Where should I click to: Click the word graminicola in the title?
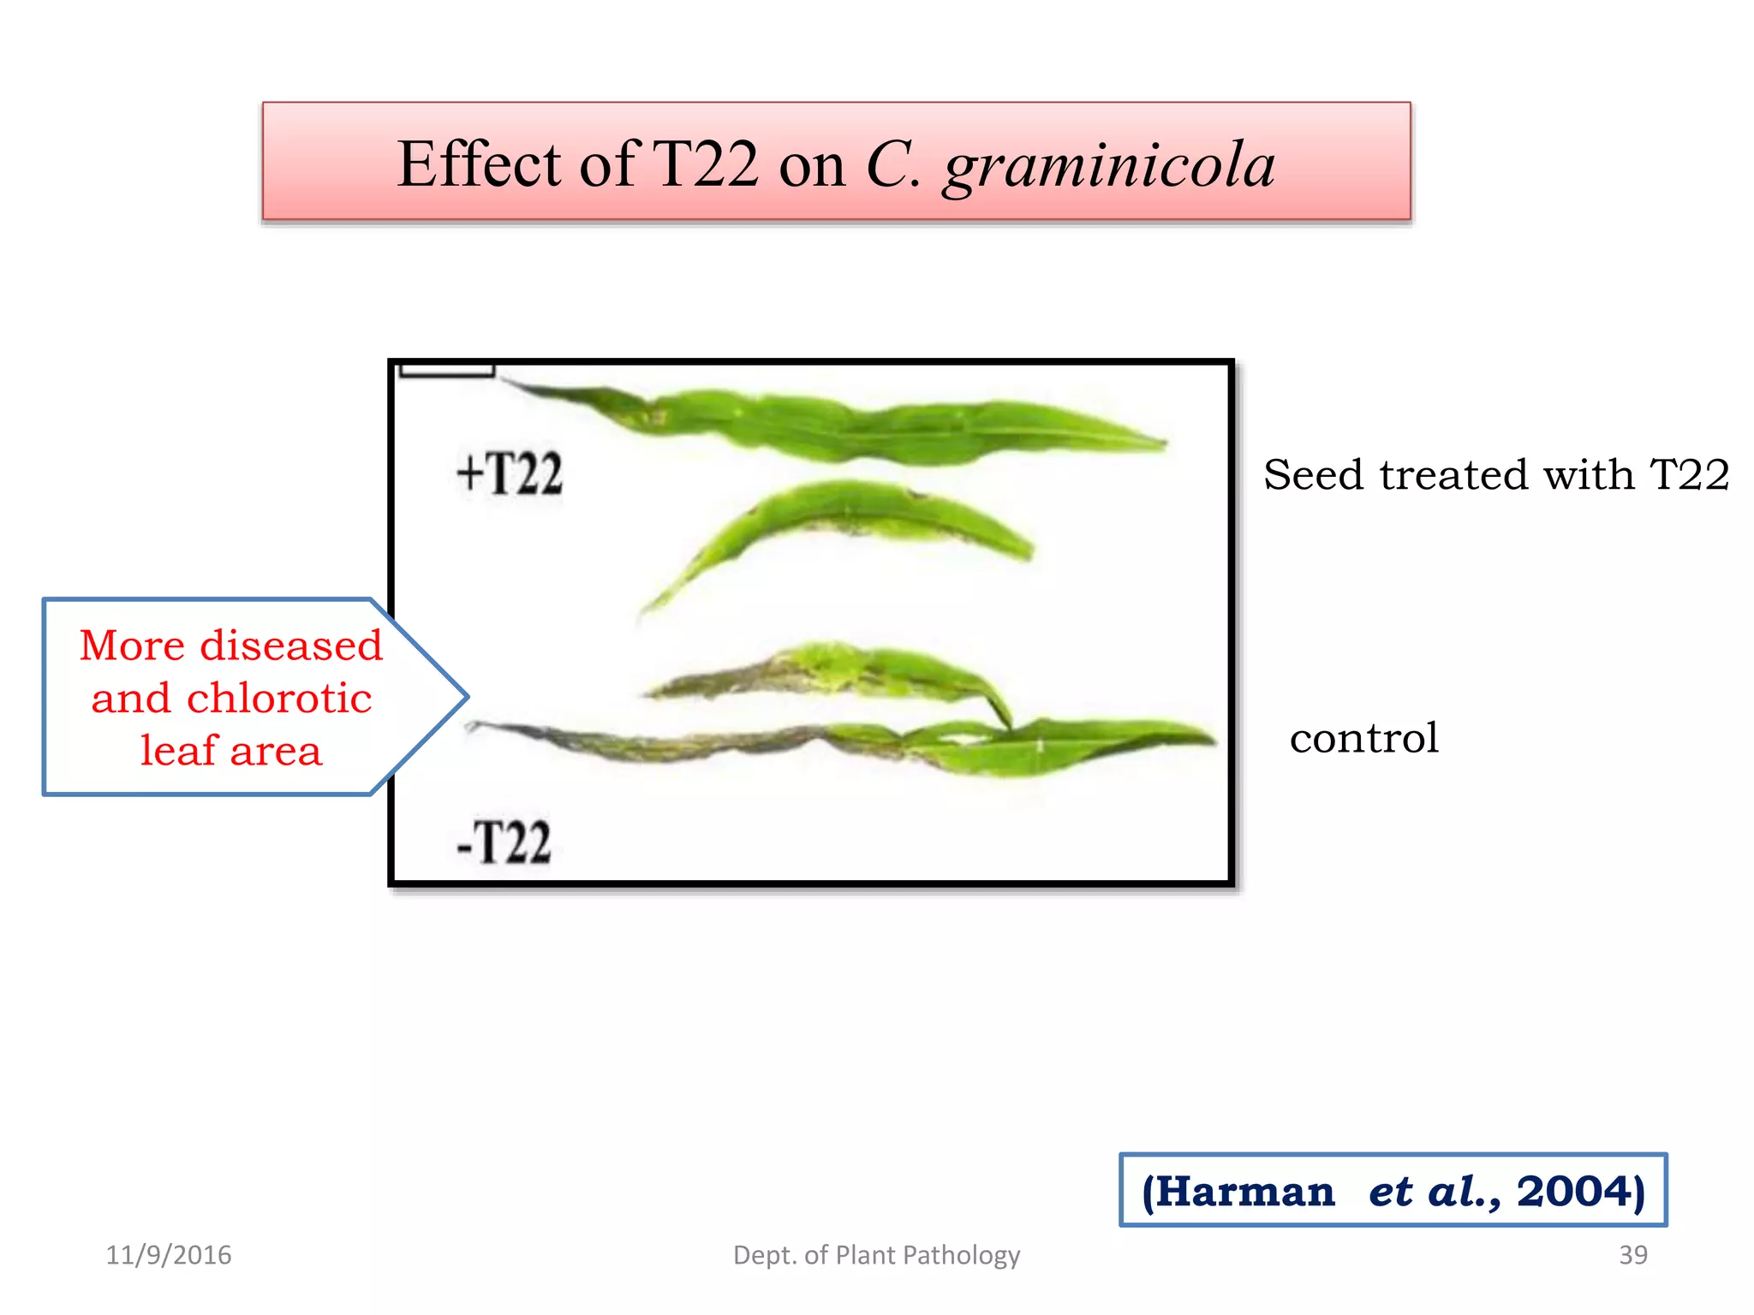pos(1109,166)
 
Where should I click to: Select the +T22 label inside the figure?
pos(510,473)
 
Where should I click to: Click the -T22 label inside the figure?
pos(504,842)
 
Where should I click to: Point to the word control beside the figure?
pos(1363,738)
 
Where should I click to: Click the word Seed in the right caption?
pos(1312,475)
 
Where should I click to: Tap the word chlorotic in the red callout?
pos(278,699)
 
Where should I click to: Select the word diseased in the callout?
pos(290,646)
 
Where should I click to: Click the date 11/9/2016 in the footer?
pos(169,1255)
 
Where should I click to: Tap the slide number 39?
pos(1632,1255)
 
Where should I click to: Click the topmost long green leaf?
pos(856,425)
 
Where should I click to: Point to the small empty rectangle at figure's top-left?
pos(447,370)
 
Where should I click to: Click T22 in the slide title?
pos(705,164)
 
